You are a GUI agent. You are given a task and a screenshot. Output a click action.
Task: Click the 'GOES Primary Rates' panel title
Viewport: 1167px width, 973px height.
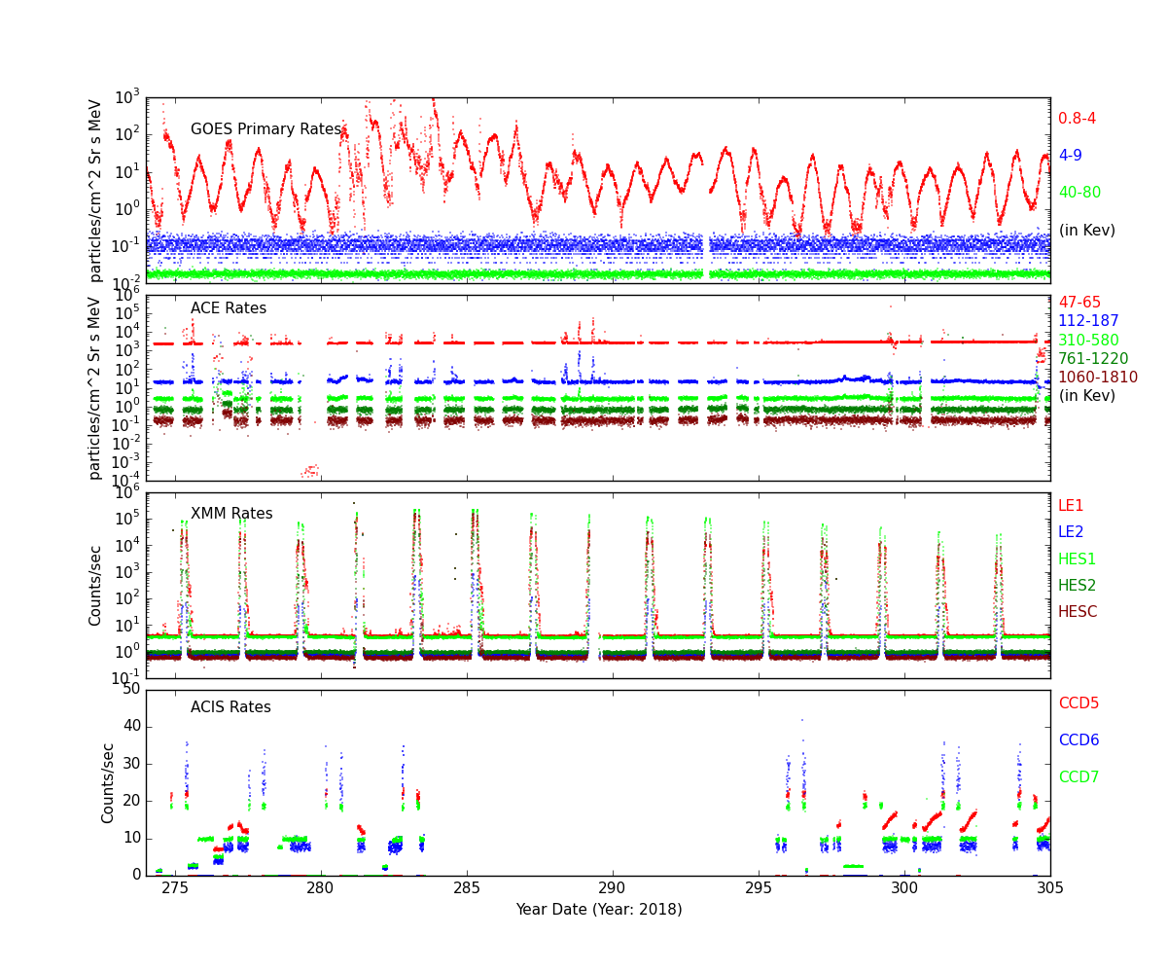click(x=265, y=129)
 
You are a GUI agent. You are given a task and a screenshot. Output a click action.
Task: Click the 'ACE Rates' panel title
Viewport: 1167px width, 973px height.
click(x=229, y=308)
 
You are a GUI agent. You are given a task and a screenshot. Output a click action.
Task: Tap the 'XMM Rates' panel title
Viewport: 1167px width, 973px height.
click(x=231, y=514)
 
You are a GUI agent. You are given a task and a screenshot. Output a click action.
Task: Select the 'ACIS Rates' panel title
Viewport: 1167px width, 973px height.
click(x=230, y=707)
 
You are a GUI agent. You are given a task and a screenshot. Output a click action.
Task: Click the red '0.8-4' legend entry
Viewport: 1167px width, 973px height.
click(x=1078, y=119)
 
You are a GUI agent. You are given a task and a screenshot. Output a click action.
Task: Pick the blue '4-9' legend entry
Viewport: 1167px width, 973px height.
click(x=1070, y=156)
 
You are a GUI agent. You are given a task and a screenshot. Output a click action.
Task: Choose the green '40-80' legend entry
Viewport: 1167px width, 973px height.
click(x=1079, y=193)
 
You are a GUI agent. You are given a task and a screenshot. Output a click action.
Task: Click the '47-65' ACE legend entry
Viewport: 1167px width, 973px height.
click(x=1079, y=303)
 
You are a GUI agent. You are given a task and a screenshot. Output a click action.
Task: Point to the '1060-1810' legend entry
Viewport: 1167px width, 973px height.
click(x=1097, y=378)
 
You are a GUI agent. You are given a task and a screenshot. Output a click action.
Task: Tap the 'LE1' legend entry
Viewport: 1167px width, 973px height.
click(x=1071, y=506)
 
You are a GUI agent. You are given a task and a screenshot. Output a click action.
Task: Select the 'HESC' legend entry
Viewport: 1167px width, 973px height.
click(x=1078, y=612)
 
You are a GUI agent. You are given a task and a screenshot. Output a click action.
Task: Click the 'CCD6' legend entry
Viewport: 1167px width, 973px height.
click(x=1079, y=740)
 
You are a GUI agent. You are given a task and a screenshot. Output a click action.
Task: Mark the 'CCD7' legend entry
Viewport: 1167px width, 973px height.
click(x=1079, y=777)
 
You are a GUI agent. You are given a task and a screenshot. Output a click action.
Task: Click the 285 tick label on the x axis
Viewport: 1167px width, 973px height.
click(x=467, y=888)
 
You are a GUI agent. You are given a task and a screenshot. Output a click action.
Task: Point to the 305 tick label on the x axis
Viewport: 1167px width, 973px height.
click(x=1050, y=888)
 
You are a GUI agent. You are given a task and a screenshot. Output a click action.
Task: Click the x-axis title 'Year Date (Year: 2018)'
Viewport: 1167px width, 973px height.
click(x=598, y=910)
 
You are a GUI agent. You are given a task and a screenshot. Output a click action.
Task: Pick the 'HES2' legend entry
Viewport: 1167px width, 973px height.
click(x=1078, y=586)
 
